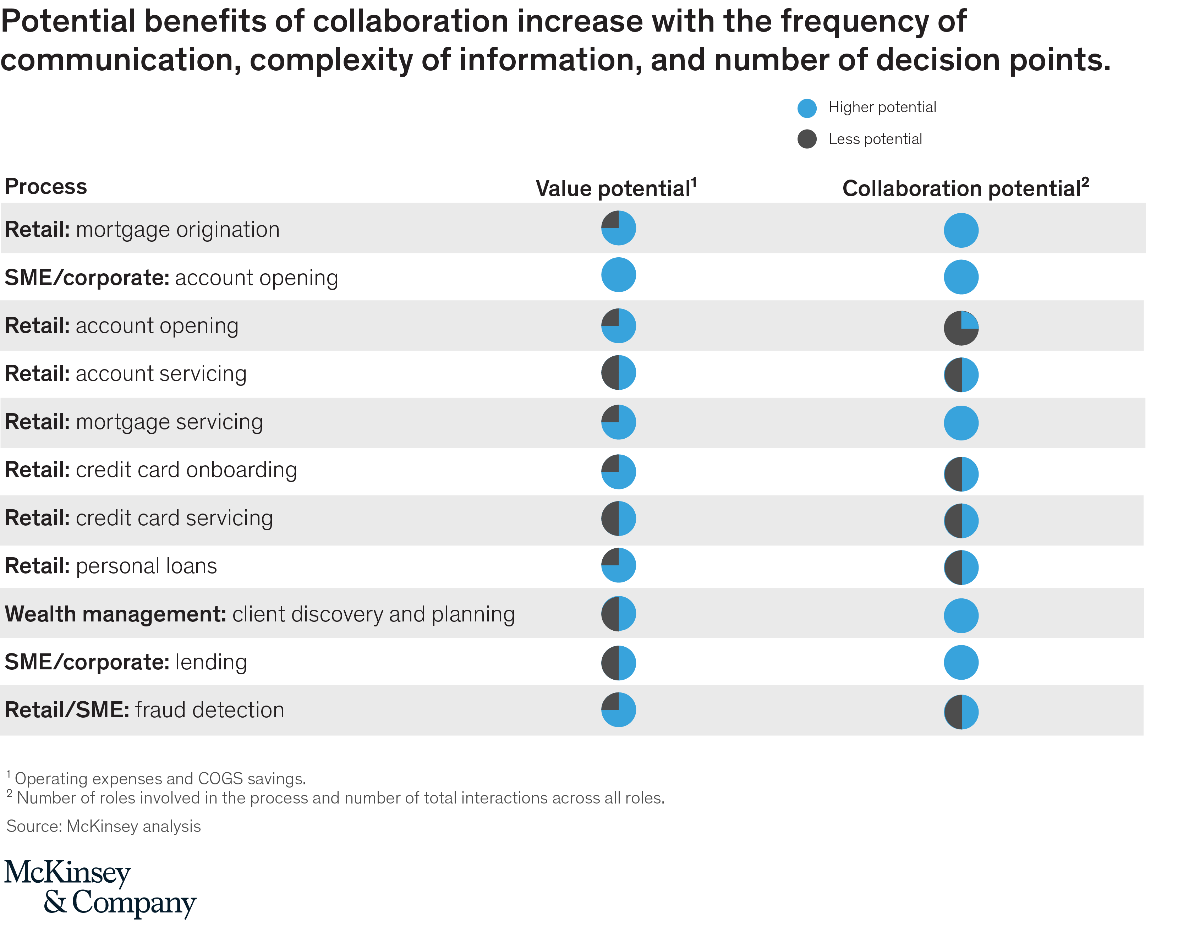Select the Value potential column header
(615, 188)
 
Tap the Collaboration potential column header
(965, 188)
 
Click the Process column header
(46, 187)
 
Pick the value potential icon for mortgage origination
(618, 228)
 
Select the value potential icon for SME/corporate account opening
(618, 275)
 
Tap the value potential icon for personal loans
(618, 565)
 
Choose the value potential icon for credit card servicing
(618, 519)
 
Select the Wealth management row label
(259, 614)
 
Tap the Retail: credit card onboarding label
(150, 470)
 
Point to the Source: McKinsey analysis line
(104, 826)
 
